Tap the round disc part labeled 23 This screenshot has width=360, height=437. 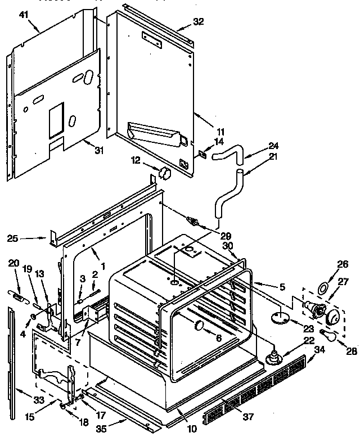[279, 318]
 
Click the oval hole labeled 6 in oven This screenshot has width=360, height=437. [200, 326]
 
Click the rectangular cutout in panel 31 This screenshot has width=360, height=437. [57, 121]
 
